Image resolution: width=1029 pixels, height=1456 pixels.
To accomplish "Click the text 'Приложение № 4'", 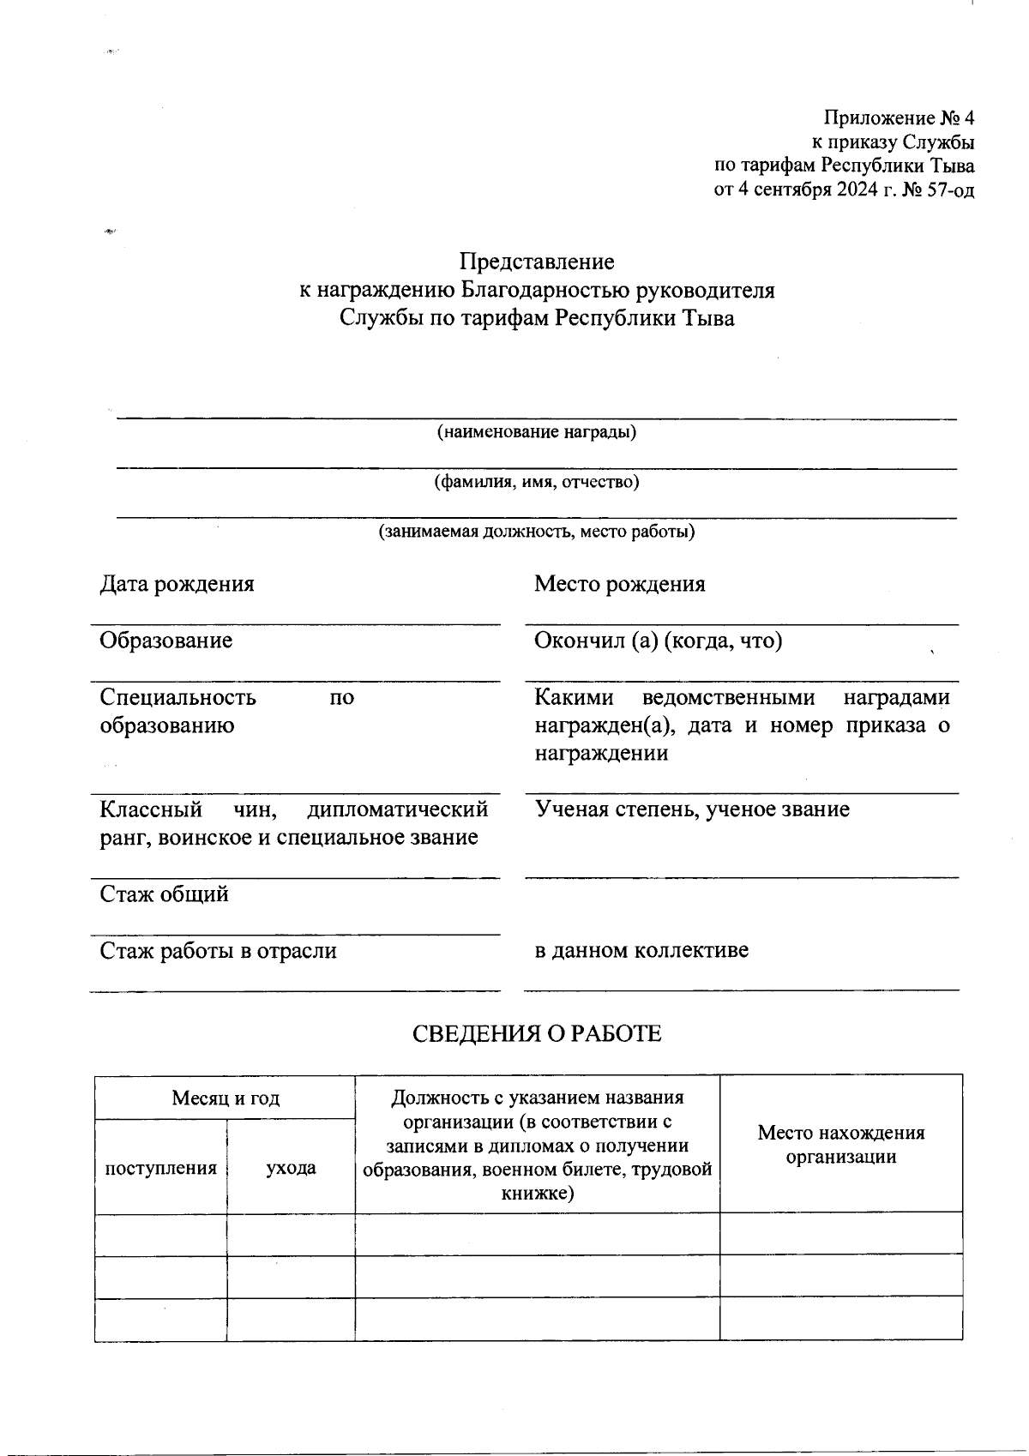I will coord(900,117).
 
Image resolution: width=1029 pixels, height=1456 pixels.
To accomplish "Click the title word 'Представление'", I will coord(537,261).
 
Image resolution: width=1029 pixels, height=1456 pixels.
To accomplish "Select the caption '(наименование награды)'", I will coord(537,432).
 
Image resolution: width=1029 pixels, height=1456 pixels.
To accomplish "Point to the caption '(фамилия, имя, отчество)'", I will coord(537,482).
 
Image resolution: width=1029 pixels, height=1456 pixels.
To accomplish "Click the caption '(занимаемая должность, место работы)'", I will coord(537,532).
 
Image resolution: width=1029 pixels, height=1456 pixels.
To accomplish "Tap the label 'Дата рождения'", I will coord(178,584).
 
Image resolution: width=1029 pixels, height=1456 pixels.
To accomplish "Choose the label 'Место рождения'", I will coord(619,584).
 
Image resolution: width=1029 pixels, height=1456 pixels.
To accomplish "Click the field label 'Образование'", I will coord(166,641).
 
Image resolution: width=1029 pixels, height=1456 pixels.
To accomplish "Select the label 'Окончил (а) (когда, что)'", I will coord(658,641).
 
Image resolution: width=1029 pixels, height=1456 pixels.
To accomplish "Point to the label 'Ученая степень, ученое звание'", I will coord(692,809).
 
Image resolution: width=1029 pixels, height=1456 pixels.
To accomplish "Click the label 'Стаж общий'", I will coord(165,894).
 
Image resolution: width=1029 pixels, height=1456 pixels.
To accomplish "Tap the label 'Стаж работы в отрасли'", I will coord(219,951).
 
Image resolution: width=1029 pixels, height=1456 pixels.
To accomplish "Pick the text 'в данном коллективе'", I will coord(641,950).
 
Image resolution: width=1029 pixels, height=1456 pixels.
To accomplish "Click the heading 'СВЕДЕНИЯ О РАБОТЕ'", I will coord(537,1034).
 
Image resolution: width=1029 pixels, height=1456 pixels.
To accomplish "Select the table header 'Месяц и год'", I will coord(226,1098).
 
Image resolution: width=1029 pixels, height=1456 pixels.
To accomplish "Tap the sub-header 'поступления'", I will coord(160,1168).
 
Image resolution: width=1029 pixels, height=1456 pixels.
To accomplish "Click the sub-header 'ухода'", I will coord(291,1168).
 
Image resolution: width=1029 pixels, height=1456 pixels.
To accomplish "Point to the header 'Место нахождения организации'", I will coord(840,1145).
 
